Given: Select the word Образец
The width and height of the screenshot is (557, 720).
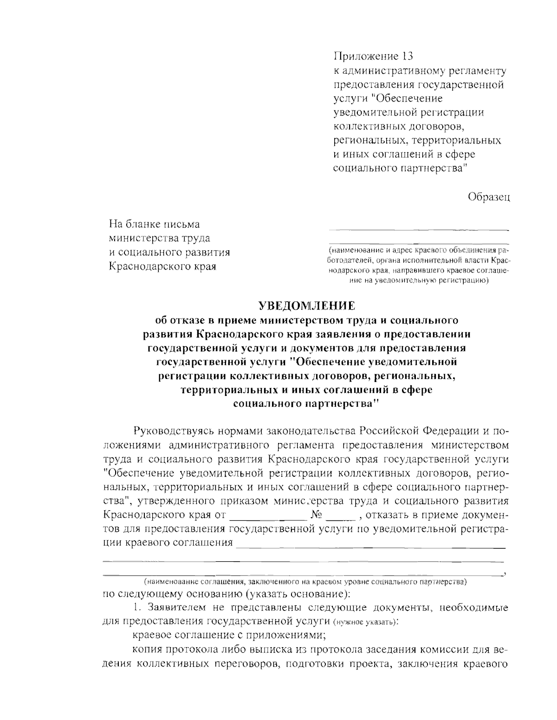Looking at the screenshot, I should tap(489, 197).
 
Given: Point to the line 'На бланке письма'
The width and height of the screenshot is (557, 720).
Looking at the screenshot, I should tap(154, 224).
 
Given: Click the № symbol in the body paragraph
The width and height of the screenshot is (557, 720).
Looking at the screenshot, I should tap(317, 515).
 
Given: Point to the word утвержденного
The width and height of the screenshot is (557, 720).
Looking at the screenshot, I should tap(173, 501).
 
